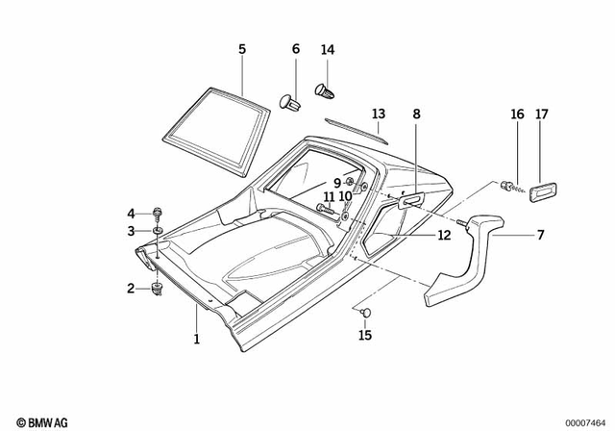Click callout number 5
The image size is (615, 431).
[x=242, y=48]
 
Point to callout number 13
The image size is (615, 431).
[x=378, y=114]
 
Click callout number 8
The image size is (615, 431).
[x=416, y=114]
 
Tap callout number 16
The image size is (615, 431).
[x=517, y=114]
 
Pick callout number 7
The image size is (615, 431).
[x=541, y=233]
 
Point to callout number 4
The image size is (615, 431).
[x=132, y=213]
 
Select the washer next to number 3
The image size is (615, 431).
[x=157, y=231]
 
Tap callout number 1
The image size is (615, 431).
[x=197, y=339]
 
